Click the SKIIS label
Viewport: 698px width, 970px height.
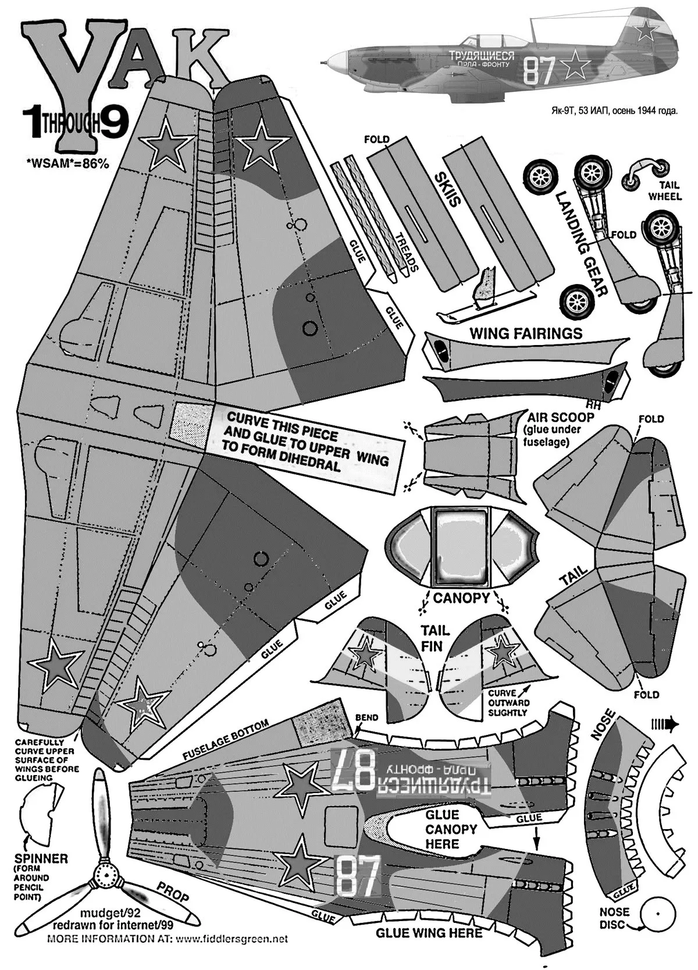click(447, 190)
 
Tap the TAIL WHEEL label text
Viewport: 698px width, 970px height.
click(665, 191)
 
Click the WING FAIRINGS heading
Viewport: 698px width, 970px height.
click(525, 333)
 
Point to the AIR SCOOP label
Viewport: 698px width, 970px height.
click(560, 417)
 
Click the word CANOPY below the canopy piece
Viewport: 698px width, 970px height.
click(462, 598)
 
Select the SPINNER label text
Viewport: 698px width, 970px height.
click(40, 858)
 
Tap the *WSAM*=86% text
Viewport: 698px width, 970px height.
click(67, 164)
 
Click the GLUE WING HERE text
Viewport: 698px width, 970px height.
click(429, 933)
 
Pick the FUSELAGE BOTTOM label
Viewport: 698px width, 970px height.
click(226, 739)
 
